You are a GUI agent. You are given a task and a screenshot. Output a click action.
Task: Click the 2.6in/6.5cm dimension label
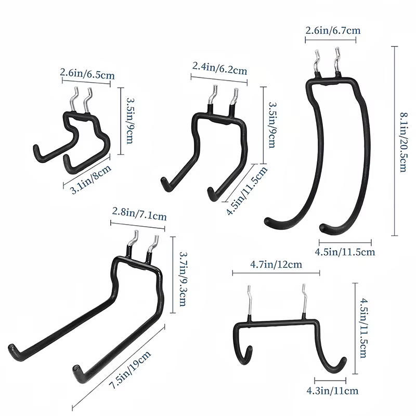(87, 74)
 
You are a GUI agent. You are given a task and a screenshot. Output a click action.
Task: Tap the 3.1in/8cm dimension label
(90, 179)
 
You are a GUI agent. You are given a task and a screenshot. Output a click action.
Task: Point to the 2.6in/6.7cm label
(333, 31)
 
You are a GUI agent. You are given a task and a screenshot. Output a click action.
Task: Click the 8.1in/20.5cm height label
(404, 142)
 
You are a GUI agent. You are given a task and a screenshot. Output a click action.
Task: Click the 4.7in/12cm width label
(276, 265)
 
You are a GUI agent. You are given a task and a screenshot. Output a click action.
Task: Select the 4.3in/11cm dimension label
(332, 391)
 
